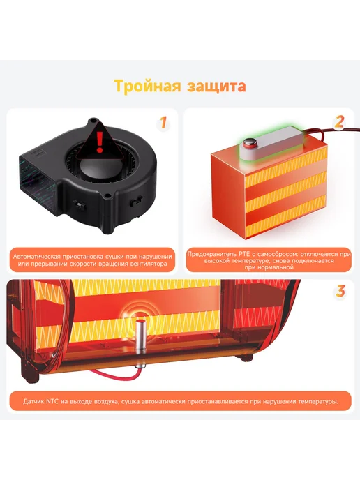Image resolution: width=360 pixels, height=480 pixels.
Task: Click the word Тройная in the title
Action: click(147, 87)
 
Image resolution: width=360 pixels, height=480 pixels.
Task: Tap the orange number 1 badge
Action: click(164, 123)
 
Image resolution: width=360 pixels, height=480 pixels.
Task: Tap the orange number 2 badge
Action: click(339, 122)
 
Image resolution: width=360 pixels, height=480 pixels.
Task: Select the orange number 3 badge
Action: click(340, 291)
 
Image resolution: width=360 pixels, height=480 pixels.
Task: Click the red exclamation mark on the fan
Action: click(100, 143)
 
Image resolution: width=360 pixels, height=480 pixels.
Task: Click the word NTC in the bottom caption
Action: click(52, 401)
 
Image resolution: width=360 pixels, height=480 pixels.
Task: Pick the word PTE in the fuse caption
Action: click(241, 254)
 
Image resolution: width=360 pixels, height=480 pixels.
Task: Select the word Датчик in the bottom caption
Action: click(33, 401)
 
